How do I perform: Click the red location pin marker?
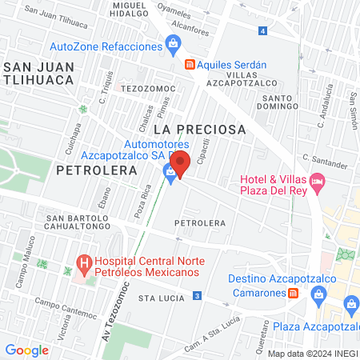[180, 164]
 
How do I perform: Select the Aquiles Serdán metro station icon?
[190, 65]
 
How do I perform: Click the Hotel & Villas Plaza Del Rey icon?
[317, 183]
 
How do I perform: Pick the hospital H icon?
[82, 262]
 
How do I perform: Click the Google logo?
[26, 350]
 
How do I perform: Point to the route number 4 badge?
[263, 30]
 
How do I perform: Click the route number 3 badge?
[196, 297]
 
